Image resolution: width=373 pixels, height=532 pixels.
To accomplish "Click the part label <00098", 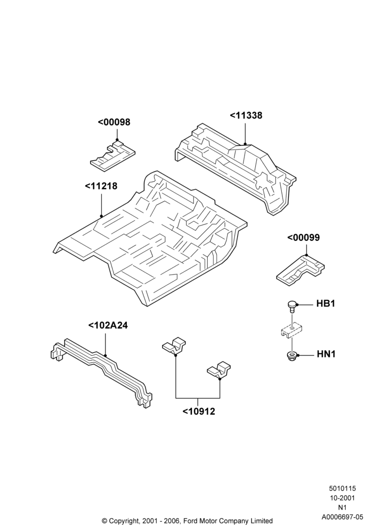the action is click(x=114, y=122).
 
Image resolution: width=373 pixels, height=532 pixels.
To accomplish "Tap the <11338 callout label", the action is click(x=246, y=115).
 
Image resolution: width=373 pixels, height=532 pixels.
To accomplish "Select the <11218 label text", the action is click(x=101, y=186).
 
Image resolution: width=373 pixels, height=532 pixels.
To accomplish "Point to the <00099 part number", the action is click(x=303, y=237).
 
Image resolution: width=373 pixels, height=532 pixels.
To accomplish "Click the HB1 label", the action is click(x=326, y=303).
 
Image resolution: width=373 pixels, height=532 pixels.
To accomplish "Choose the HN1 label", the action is click(x=326, y=354).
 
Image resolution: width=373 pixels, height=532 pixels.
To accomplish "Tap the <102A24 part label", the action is click(x=108, y=325).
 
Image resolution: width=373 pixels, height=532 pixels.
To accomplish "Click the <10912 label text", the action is click(x=199, y=411).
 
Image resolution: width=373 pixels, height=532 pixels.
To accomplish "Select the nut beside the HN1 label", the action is click(x=291, y=356).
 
